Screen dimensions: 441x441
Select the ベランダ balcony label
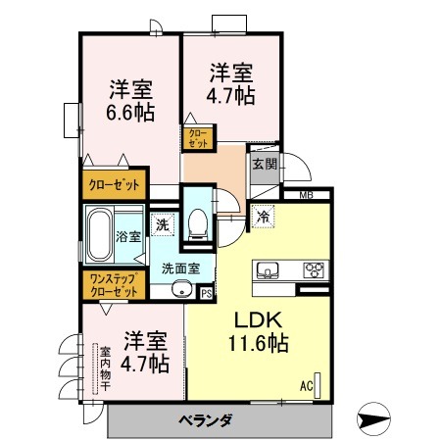click(205, 420)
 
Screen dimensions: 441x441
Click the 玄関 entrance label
click(263, 164)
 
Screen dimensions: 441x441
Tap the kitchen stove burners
click(315, 269)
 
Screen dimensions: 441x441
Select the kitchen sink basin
click(268, 269)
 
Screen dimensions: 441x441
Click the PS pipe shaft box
click(206, 291)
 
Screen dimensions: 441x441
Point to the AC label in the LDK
click(306, 386)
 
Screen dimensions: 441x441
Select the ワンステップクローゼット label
click(113, 284)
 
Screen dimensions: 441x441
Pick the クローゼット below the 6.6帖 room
click(114, 183)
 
